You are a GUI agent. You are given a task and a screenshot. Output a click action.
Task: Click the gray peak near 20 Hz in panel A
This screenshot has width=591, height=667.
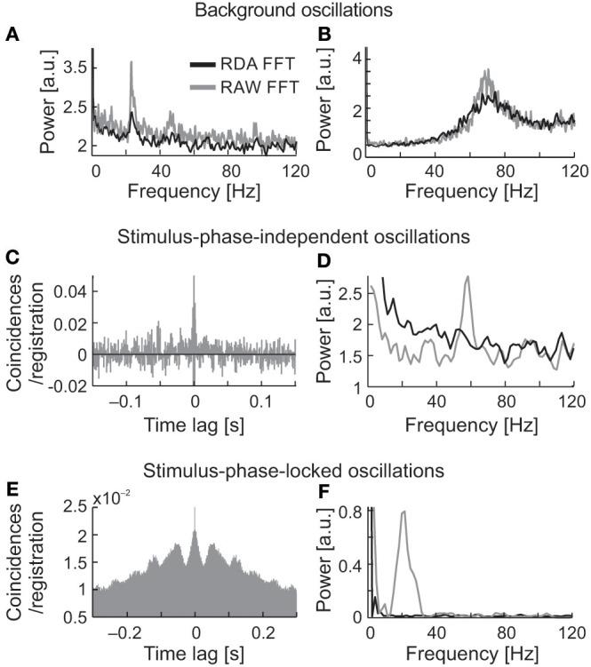[x=132, y=63]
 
